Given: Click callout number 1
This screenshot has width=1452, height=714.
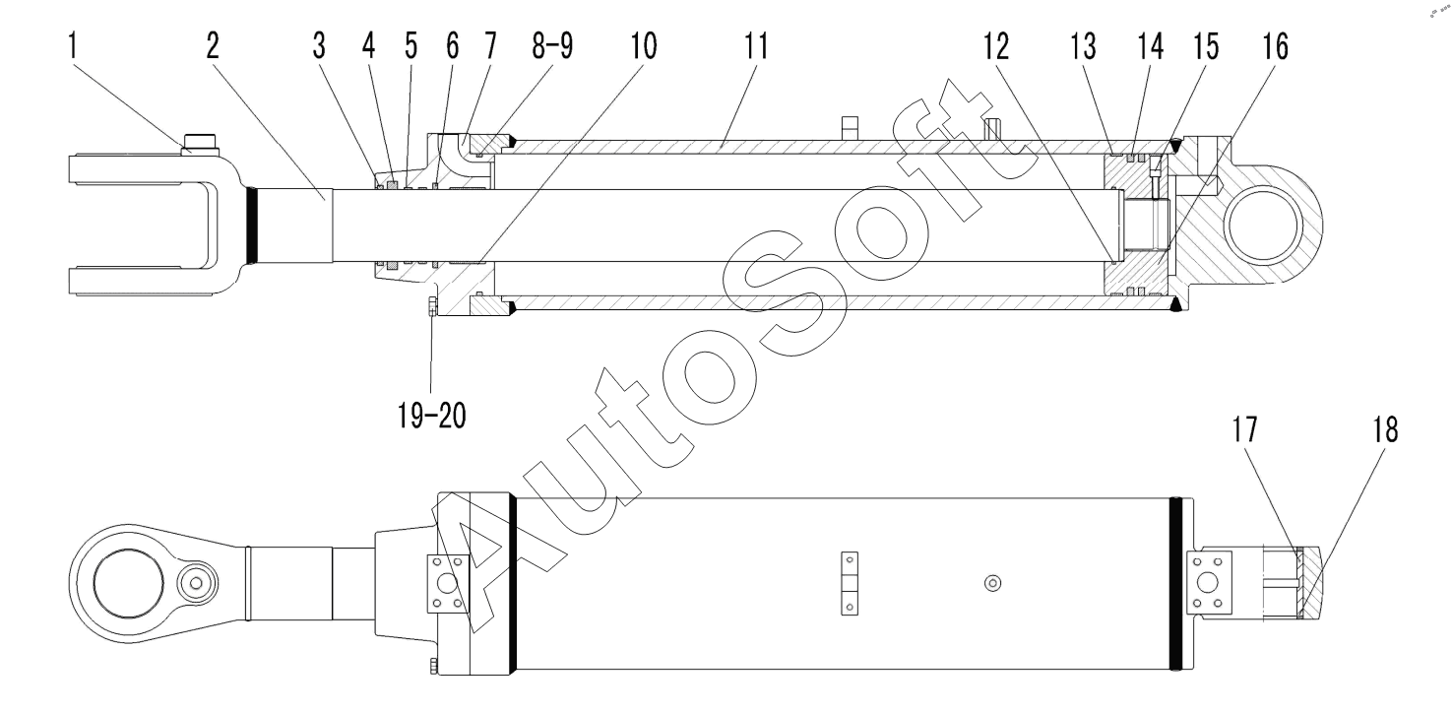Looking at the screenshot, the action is pyautogui.click(x=73, y=46).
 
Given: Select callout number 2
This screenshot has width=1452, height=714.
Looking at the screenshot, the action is pyautogui.click(x=213, y=46).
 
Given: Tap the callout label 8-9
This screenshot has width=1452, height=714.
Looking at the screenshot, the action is pyautogui.click(x=552, y=46).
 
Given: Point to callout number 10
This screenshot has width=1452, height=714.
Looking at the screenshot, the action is pyautogui.click(x=644, y=46).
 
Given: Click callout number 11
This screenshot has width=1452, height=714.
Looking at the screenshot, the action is pyautogui.click(x=756, y=46).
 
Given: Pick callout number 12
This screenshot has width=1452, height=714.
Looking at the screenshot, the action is pyautogui.click(x=996, y=46).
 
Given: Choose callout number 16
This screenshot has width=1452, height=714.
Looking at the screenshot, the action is pyautogui.click(x=1275, y=46).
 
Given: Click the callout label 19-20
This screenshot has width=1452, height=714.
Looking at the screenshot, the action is pyautogui.click(x=432, y=415).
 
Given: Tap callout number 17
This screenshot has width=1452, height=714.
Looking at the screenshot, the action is pyautogui.click(x=1244, y=430).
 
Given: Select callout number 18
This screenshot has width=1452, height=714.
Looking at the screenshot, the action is pyautogui.click(x=1385, y=430).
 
